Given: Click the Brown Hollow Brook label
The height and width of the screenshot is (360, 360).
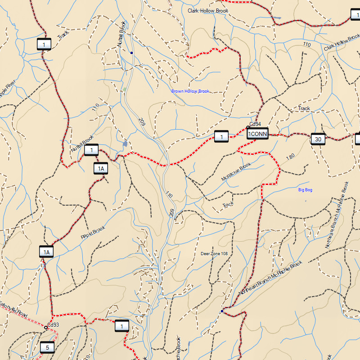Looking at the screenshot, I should [190, 91].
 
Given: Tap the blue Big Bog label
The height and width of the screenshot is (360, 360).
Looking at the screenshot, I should [305, 190].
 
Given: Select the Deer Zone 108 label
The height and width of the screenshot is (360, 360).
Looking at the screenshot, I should [214, 254].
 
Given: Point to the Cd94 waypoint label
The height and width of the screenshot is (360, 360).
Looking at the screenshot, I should [255, 124].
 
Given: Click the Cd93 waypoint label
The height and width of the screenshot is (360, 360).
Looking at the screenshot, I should [53, 324].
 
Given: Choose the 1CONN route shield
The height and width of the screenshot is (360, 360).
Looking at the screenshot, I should [258, 134].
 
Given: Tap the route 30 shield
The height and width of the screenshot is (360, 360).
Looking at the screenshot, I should [318, 139].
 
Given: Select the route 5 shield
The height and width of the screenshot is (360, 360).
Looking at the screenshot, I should [47, 347].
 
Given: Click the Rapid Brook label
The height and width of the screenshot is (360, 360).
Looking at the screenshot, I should [93, 232].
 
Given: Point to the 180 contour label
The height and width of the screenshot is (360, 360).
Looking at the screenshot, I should [290, 157].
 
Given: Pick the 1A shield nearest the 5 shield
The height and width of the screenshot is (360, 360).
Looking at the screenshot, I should [46, 252].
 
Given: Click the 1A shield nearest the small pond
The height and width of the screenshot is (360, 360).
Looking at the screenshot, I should [101, 168].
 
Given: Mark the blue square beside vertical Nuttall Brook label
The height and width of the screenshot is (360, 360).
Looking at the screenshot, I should [131, 53].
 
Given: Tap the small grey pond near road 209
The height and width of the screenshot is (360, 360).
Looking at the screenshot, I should [125, 144].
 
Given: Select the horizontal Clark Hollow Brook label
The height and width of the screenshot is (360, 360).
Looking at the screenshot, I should [208, 11].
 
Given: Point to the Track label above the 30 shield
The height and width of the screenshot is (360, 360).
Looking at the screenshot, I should [304, 108].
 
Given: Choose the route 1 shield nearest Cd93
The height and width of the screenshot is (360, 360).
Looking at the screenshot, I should [121, 326].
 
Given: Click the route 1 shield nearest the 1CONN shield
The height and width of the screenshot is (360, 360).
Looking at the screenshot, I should [221, 136].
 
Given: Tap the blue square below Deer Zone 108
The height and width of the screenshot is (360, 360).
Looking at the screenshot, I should [222, 311].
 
